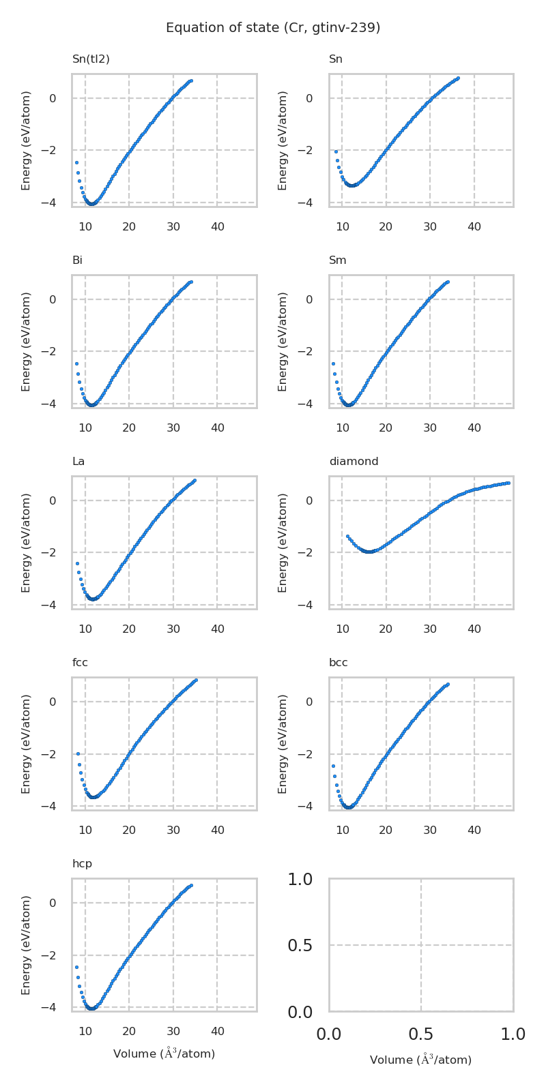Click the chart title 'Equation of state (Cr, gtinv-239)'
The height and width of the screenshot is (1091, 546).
click(x=273, y=28)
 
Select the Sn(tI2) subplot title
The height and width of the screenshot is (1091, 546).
click(x=91, y=59)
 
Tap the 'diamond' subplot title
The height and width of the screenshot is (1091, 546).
click(x=354, y=462)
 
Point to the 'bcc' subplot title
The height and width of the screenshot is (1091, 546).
click(x=339, y=663)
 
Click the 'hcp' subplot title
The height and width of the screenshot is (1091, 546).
click(x=82, y=864)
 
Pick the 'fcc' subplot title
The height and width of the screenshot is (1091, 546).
click(x=80, y=663)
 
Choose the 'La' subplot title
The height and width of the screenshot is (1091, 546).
click(x=78, y=462)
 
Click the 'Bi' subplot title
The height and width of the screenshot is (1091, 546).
click(x=77, y=260)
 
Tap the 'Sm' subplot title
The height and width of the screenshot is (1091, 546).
click(x=338, y=260)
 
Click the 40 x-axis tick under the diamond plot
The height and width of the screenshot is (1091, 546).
click(x=474, y=629)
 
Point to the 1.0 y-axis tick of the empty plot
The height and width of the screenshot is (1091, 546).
click(x=300, y=880)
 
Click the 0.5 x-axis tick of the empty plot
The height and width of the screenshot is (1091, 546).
click(x=421, y=1034)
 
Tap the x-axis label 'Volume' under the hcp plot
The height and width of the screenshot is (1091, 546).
click(x=164, y=1053)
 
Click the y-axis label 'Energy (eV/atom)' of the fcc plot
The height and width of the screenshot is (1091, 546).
click(x=27, y=743)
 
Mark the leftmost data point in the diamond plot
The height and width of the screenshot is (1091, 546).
click(x=347, y=537)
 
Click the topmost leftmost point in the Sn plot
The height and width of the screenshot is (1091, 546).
click(x=336, y=151)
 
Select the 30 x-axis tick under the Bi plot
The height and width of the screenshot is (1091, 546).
click(x=173, y=428)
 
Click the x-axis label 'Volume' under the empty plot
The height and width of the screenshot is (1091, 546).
click(x=420, y=1060)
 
